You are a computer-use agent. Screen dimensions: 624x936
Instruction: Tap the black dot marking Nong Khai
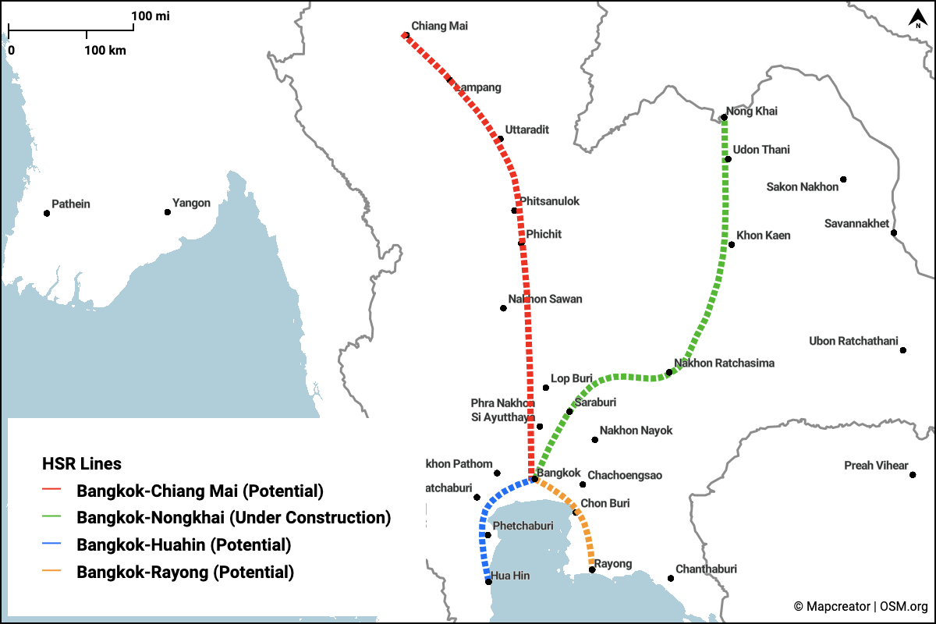[724, 119]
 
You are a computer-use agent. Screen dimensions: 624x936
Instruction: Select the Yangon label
[191, 204]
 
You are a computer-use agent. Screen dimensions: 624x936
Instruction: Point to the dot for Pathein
[47, 212]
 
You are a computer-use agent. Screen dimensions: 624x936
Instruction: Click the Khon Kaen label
[763, 236]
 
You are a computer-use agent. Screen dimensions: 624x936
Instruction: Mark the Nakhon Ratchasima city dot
[668, 372]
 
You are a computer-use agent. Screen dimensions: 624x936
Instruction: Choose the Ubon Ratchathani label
[853, 341]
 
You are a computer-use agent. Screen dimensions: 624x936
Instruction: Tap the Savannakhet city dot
[894, 232]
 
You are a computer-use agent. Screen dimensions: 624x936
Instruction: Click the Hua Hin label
[510, 576]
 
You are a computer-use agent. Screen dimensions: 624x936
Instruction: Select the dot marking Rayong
[592, 570]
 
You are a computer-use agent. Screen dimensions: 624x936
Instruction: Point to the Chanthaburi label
[706, 569]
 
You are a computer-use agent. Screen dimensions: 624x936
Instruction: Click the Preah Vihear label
[876, 466]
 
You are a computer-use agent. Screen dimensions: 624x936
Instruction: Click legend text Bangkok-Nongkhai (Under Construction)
[233, 517]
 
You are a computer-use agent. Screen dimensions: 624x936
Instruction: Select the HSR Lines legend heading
[82, 464]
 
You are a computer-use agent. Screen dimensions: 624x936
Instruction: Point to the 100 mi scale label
[151, 16]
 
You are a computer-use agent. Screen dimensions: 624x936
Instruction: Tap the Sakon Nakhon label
[802, 186]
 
